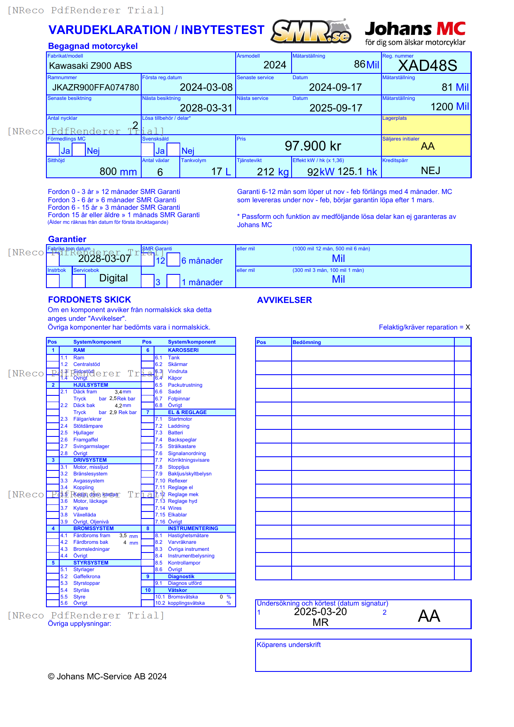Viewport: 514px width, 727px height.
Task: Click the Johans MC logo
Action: [415, 33]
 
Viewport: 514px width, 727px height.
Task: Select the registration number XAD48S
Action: [427, 65]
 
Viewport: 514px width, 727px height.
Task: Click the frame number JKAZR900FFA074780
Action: [96, 87]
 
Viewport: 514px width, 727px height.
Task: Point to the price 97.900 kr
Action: [313, 146]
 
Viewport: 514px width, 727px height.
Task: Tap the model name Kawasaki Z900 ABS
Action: [90, 65]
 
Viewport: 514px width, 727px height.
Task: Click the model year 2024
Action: [275, 65]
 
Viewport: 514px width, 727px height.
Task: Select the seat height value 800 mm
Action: [118, 172]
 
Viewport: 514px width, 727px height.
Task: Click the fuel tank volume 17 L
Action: [221, 172]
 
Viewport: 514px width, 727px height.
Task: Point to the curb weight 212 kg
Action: [273, 172]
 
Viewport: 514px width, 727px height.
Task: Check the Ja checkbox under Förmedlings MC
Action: [53, 150]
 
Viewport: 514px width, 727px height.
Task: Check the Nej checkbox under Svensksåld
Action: [174, 150]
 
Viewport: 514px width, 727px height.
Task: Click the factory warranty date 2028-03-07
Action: [104, 259]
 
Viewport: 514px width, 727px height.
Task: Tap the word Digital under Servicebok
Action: [113, 278]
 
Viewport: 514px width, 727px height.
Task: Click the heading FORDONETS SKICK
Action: [89, 300]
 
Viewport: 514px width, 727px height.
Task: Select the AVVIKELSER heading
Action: [284, 300]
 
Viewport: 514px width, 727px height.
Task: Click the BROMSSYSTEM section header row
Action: [94, 528]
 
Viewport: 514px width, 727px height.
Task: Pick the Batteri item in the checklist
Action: [175, 433]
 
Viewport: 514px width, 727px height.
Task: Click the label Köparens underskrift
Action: [289, 645]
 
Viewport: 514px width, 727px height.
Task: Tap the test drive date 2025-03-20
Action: [320, 612]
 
